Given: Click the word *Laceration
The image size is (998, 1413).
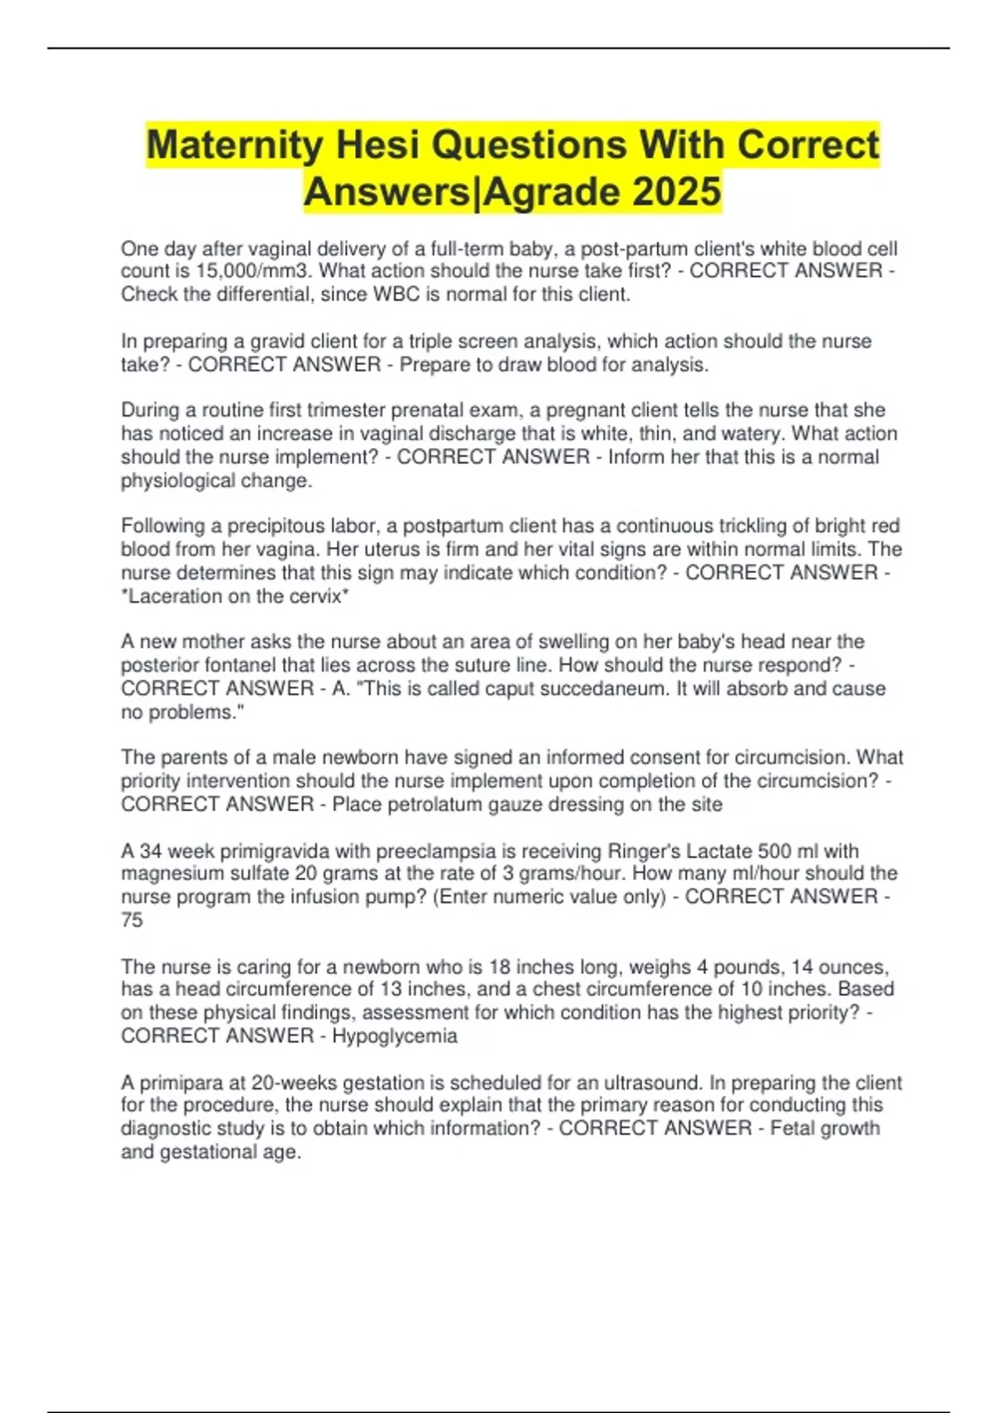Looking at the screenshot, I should coord(171,596).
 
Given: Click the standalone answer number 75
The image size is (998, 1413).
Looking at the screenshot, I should coord(131,920).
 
